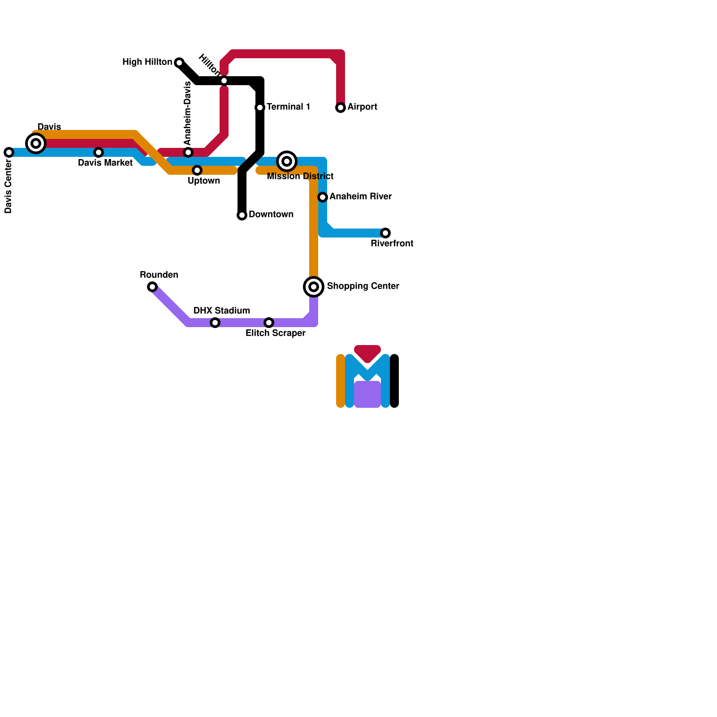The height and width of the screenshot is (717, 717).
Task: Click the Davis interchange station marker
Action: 36,143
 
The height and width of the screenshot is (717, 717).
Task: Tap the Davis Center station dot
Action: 9,152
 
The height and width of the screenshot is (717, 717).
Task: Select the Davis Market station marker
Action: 99,152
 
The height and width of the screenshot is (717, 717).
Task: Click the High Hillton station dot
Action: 179,62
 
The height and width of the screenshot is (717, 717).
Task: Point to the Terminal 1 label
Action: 288,107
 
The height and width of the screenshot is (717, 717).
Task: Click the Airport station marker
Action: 341,108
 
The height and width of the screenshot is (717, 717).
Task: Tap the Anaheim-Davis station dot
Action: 188,152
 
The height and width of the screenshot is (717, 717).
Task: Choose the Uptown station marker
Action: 197,170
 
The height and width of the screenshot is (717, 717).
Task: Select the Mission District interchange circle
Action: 287,161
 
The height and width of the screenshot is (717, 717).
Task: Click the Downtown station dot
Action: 242,215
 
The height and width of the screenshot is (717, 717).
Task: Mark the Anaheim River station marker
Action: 323,197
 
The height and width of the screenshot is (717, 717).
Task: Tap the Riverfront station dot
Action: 385,233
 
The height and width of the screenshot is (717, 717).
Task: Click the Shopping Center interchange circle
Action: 314,286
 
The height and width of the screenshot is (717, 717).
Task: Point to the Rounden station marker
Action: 152,287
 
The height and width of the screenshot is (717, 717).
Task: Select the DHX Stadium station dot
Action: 215,323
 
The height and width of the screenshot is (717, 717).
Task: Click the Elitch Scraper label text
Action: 275,333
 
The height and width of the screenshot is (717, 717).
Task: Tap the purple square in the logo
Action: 367,394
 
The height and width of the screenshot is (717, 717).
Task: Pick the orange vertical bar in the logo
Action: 341,381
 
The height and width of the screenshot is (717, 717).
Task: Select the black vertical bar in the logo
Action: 394,381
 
